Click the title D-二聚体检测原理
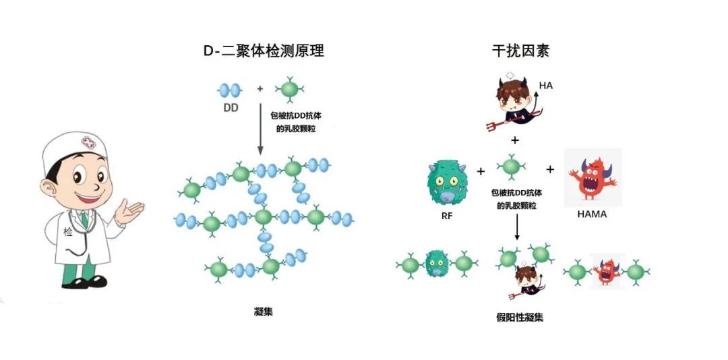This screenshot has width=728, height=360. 264,50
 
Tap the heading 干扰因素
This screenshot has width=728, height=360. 520,50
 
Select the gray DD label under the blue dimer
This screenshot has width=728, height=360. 231,108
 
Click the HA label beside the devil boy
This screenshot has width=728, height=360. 546,86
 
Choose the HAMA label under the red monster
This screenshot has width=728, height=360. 592,214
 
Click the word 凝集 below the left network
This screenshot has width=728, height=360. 264,311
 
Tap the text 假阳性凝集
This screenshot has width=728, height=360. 520,318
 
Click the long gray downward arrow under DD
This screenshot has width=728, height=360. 260,129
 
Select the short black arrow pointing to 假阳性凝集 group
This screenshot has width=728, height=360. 517,227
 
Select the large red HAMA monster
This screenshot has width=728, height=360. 593,178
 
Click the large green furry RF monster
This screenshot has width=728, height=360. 447,182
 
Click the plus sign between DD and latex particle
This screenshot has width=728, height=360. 260,88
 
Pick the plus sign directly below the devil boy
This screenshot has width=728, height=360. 515,140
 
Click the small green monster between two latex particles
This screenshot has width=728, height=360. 436,264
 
